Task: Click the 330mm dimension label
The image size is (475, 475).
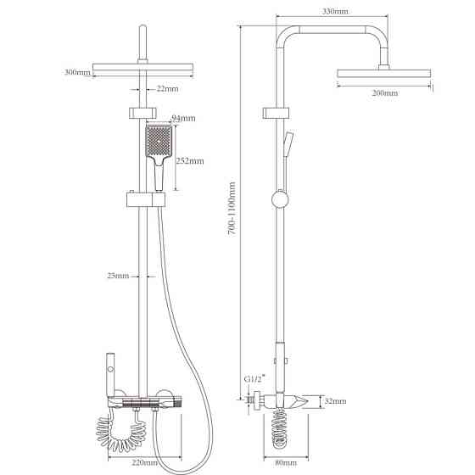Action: click(335, 11)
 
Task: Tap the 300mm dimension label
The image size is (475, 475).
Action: click(77, 72)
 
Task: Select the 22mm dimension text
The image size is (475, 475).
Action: click(168, 89)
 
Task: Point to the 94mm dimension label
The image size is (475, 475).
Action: click(183, 118)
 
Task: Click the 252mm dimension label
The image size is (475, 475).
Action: click(190, 161)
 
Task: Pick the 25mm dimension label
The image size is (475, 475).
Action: click(118, 276)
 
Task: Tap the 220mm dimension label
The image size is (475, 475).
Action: click(145, 462)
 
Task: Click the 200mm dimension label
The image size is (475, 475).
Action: click(385, 92)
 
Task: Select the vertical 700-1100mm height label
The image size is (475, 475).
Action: click(232, 209)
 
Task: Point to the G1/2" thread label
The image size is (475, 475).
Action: click(254, 378)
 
